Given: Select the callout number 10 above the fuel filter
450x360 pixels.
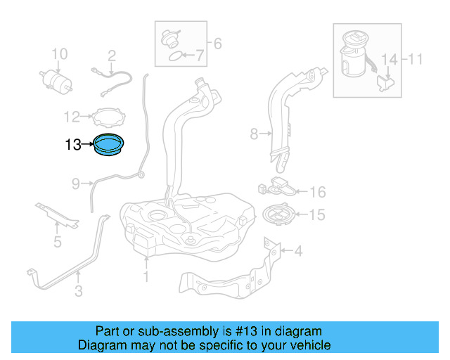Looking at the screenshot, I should pyautogui.click(x=60, y=54).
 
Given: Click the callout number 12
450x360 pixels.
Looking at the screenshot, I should pyautogui.click(x=72, y=117).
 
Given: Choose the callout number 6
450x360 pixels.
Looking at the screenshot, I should pyautogui.click(x=217, y=44).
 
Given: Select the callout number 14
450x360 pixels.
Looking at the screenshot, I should pyautogui.click(x=389, y=59).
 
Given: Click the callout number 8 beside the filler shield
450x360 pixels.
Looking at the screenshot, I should pyautogui.click(x=255, y=132).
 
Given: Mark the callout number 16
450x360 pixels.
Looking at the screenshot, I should pyautogui.click(x=318, y=192).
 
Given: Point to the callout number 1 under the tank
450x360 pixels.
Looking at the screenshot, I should pyautogui.click(x=146, y=276).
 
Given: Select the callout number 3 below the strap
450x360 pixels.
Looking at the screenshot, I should pyautogui.click(x=79, y=290).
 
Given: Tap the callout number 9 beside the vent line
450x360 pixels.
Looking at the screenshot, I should pyautogui.click(x=76, y=184).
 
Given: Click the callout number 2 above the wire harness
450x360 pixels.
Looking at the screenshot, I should pyautogui.click(x=111, y=55).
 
